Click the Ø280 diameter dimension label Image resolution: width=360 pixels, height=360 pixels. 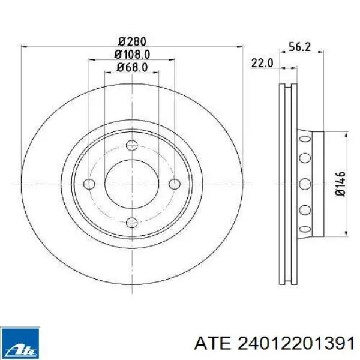(x=132, y=42)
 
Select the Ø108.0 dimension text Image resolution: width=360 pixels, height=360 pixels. (x=133, y=55)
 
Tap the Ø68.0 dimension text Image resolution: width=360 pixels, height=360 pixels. (x=132, y=67)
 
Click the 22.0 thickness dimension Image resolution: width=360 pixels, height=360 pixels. (x=262, y=63)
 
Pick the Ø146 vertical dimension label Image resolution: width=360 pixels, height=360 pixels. (x=340, y=184)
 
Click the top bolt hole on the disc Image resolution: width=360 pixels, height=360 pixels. (x=132, y=145)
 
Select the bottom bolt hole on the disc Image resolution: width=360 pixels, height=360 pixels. (x=132, y=222)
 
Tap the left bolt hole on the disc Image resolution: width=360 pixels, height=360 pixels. (x=89, y=184)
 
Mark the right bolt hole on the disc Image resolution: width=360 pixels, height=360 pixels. (x=175, y=184)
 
